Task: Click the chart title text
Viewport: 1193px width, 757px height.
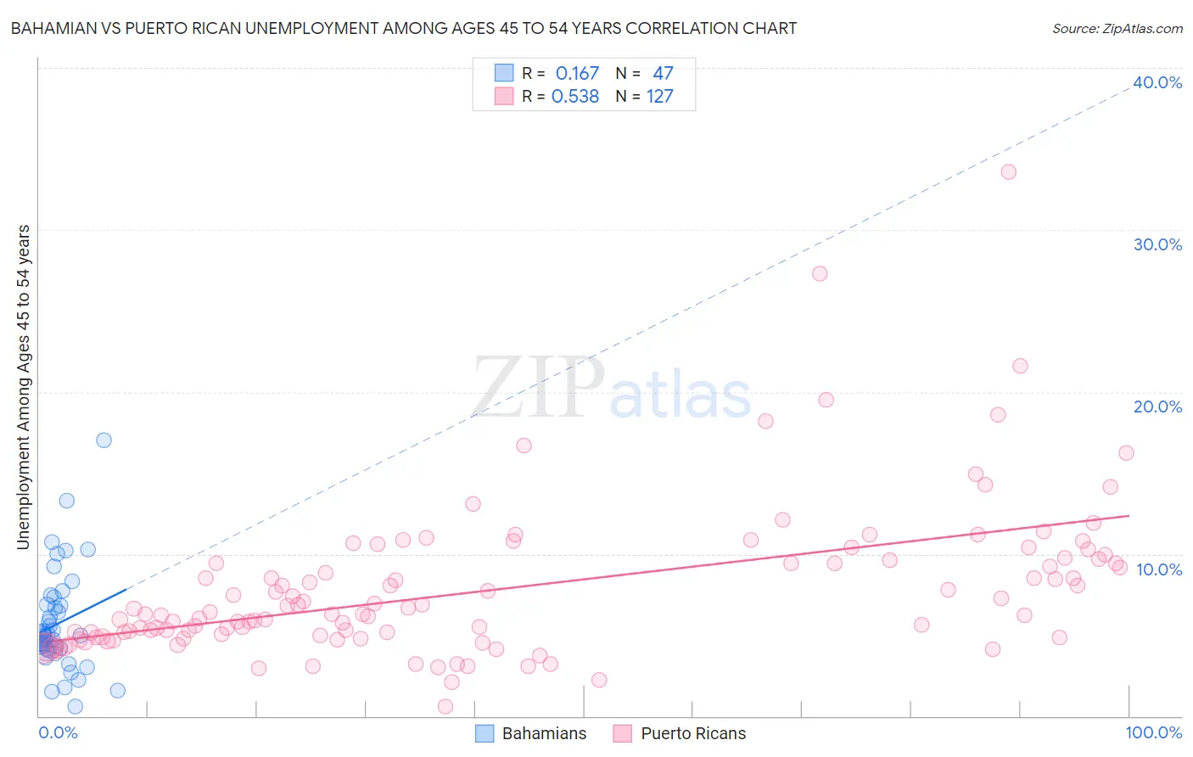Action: pos(403,28)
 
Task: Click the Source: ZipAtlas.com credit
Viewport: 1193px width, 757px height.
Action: pos(1117,28)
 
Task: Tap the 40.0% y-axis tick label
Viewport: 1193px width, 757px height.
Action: pos(1157,82)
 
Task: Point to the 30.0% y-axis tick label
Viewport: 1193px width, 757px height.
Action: pos(1157,244)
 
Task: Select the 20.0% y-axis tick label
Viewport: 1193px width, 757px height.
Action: pos(1157,407)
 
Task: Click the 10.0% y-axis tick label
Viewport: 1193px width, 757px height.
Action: pos(1159,569)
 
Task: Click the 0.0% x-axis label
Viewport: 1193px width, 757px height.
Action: pos(58,732)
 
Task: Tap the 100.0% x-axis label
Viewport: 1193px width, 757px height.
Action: pos(1153,732)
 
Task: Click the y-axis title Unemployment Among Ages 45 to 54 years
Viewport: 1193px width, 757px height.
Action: pos(24,387)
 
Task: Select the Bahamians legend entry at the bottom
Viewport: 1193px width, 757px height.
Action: pos(543,733)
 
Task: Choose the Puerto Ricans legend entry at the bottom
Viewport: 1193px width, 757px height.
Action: pos(692,733)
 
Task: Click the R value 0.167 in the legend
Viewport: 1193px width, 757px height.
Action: pos(577,74)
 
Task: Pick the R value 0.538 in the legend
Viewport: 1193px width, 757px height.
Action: pos(575,97)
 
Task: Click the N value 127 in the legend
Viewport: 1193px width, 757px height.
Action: pos(659,97)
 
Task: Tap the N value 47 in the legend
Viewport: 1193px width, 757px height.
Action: pos(663,74)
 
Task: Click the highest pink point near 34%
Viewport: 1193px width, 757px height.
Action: pos(1008,171)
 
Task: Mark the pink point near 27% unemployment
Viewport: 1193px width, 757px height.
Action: pos(820,273)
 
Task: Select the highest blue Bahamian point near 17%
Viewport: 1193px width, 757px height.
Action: pos(104,440)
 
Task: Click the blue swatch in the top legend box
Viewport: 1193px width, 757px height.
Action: pos(504,73)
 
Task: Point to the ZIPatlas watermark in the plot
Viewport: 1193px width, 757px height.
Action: pos(611,389)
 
